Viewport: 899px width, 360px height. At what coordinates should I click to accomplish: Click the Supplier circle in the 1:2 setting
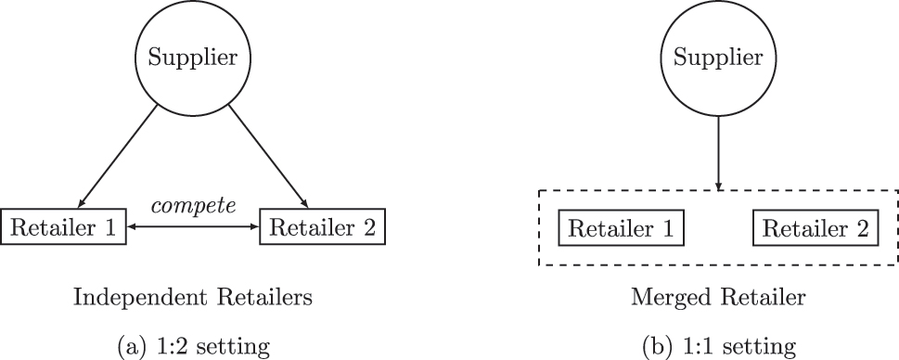(193, 58)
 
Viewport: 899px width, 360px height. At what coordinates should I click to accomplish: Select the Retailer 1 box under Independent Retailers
(64, 227)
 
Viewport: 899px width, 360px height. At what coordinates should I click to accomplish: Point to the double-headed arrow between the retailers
(192, 226)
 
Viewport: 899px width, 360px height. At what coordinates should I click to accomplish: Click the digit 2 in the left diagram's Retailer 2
(368, 227)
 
